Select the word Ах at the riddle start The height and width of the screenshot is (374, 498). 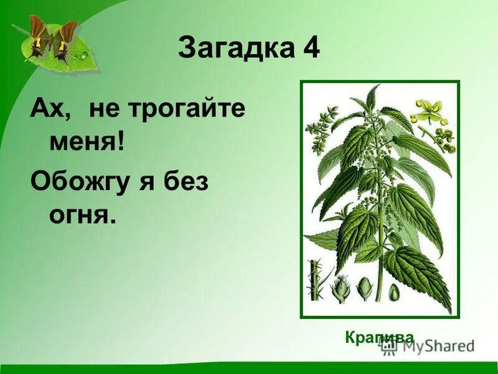tap(48, 111)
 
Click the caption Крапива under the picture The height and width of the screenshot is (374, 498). tap(378, 337)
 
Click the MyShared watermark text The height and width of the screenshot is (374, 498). tap(436, 345)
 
